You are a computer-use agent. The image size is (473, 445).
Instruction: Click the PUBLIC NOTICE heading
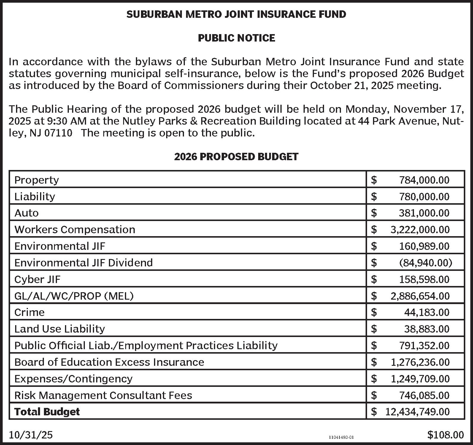click(236, 38)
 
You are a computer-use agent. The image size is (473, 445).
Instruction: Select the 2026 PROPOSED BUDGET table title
click(236, 157)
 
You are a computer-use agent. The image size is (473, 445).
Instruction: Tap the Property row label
click(36, 180)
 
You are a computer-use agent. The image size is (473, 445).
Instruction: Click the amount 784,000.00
click(424, 180)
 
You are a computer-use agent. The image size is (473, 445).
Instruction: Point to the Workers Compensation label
click(75, 230)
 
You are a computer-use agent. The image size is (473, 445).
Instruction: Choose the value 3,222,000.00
click(420, 230)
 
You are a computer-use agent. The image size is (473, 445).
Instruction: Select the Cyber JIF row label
click(37, 279)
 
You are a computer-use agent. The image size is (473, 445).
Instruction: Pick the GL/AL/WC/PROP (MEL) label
click(74, 296)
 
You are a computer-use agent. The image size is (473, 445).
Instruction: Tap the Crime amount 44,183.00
click(427, 312)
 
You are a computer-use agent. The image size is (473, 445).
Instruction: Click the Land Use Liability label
click(60, 329)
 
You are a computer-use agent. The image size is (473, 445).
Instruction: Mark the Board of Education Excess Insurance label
click(109, 362)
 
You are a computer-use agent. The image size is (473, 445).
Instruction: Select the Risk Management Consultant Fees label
click(103, 395)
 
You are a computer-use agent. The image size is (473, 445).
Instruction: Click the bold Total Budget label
click(47, 412)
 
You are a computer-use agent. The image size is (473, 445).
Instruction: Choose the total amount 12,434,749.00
click(418, 412)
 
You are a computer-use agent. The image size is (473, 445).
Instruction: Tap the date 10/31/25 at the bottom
click(31, 435)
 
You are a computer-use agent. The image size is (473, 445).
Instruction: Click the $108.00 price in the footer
click(445, 435)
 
